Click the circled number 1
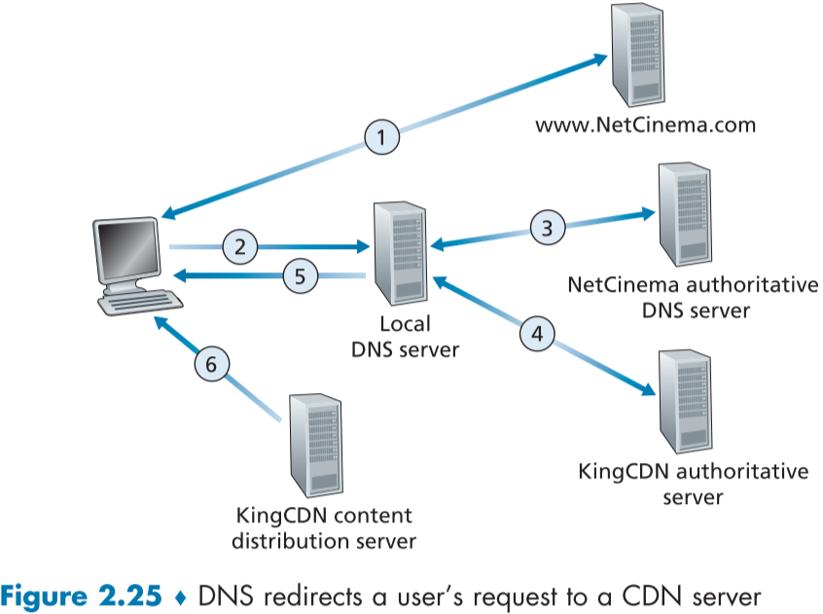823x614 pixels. pos(381,137)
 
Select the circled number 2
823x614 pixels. pos(239,246)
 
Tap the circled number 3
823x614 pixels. pos(547,228)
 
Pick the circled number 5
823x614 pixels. pos(301,275)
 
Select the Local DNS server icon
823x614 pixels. pos(400,256)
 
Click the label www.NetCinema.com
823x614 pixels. pos(645,126)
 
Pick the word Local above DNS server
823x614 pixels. pos(405,325)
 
